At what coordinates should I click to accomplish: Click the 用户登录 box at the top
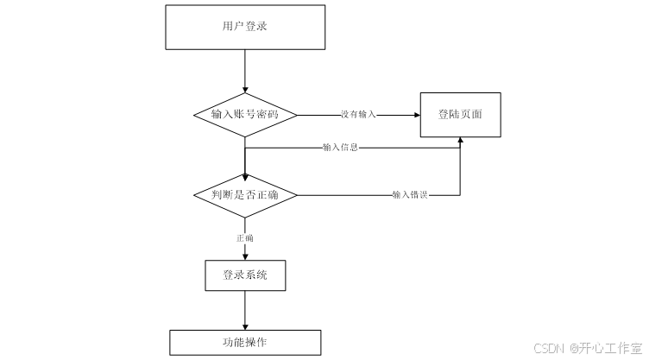click(245, 27)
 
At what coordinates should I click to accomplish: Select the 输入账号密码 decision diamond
click(245, 115)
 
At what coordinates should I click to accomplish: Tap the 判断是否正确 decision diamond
click(245, 195)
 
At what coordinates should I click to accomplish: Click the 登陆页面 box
click(460, 114)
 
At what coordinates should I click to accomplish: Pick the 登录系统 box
click(245, 275)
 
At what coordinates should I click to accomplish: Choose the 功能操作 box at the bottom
click(245, 342)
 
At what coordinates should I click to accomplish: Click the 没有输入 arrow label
click(358, 115)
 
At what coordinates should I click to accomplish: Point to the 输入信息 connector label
click(340, 148)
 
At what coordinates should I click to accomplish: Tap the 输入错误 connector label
click(409, 195)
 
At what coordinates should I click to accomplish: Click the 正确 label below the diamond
click(245, 237)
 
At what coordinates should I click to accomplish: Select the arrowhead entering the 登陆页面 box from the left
click(416, 115)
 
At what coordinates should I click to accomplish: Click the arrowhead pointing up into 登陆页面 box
click(460, 140)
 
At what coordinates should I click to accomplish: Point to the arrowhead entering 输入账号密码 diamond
click(245, 90)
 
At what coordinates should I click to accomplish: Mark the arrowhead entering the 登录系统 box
click(245, 256)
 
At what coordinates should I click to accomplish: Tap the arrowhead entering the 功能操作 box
click(245, 325)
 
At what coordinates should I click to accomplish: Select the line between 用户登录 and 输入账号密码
click(245, 69)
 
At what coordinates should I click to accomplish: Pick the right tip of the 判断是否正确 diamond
click(297, 195)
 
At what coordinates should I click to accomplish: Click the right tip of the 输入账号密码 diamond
click(298, 115)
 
